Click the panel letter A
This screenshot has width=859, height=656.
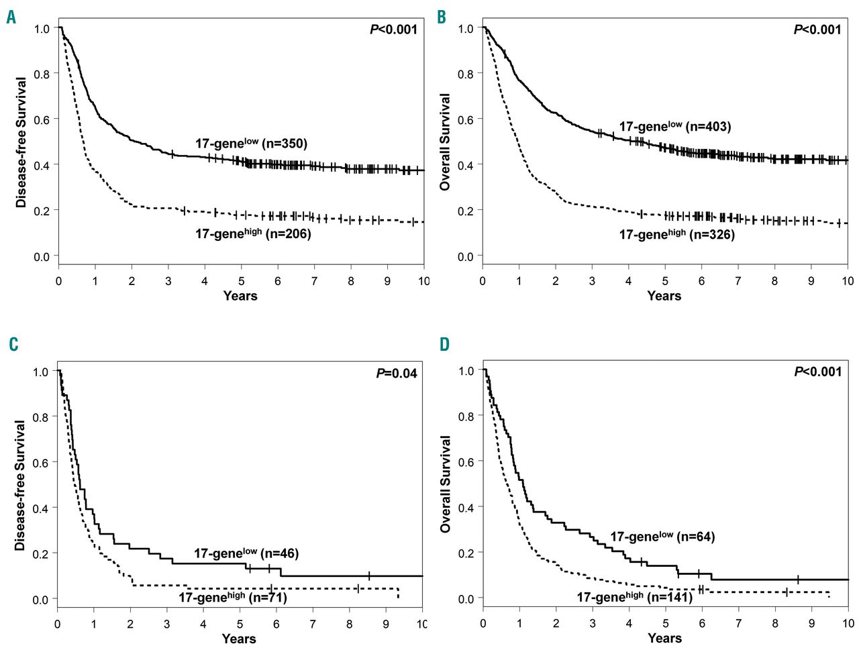(x=11, y=17)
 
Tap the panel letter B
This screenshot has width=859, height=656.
(x=441, y=17)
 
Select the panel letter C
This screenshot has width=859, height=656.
(x=13, y=345)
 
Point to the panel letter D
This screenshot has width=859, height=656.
(x=444, y=345)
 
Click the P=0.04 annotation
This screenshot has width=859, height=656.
(x=396, y=373)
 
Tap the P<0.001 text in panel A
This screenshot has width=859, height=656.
(x=393, y=29)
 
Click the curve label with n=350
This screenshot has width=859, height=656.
(x=251, y=143)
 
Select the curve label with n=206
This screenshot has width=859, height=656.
(x=253, y=233)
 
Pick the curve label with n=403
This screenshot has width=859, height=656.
(x=674, y=126)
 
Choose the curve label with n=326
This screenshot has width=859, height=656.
(x=676, y=234)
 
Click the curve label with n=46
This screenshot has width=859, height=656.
(x=246, y=553)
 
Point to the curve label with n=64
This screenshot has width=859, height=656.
(x=662, y=537)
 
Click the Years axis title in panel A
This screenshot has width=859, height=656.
(x=240, y=296)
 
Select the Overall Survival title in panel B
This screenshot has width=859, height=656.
(x=445, y=142)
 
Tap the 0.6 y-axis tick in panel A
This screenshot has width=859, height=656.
(x=42, y=119)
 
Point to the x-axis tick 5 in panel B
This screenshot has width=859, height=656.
(x=665, y=281)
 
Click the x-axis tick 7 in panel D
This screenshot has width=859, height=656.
(x=738, y=623)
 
